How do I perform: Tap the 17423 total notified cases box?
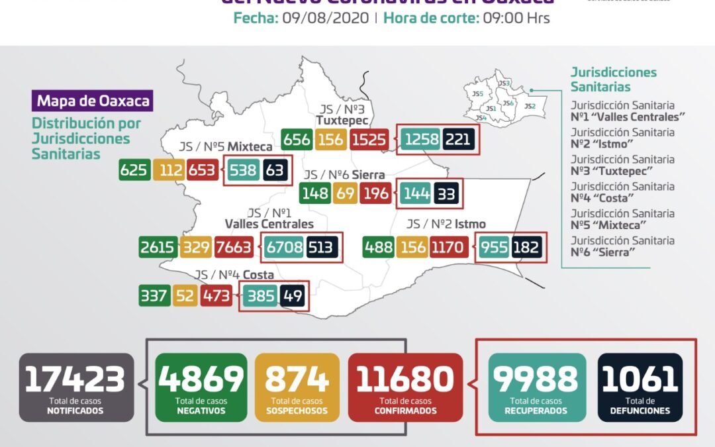click(x=76, y=387)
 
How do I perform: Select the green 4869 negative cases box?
click(x=201, y=387)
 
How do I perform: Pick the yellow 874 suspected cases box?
click(x=297, y=387)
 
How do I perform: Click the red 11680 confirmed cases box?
click(x=405, y=387)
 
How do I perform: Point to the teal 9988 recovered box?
click(x=537, y=387)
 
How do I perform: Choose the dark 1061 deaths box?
click(x=640, y=387)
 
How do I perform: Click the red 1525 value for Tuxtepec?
click(x=370, y=140)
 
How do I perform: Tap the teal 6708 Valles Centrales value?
click(x=284, y=248)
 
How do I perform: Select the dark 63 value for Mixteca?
click(x=275, y=170)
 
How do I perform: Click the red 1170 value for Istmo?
click(x=449, y=248)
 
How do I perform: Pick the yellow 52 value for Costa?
click(x=185, y=295)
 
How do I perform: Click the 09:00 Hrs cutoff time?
click(x=516, y=19)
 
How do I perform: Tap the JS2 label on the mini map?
click(x=529, y=106)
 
